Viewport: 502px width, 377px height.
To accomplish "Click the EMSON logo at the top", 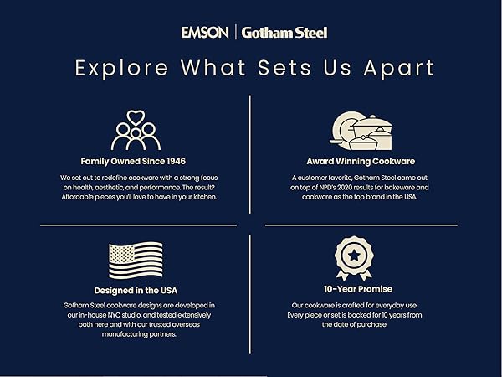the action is [x=205, y=33].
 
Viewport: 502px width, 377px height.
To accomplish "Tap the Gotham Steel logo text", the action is [x=284, y=33].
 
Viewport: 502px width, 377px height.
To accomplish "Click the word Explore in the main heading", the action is [x=121, y=69].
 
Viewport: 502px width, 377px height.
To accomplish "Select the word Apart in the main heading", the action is [x=399, y=69].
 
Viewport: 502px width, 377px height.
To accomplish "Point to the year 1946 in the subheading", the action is [x=176, y=161].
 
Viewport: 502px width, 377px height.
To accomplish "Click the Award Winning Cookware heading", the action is [x=361, y=161].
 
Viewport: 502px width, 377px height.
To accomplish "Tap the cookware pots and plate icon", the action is [x=361, y=131].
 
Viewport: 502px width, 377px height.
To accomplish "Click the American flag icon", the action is [x=136, y=260].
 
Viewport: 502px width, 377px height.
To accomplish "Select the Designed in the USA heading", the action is [x=136, y=291].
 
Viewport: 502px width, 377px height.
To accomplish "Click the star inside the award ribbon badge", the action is [x=354, y=256].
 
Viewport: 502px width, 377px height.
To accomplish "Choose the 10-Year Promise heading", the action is [x=358, y=289].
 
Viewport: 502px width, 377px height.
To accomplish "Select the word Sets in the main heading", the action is [x=284, y=68].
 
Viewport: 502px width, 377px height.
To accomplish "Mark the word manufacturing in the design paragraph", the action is [x=125, y=334].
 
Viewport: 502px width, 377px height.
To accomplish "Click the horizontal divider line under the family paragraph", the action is [x=138, y=225].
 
